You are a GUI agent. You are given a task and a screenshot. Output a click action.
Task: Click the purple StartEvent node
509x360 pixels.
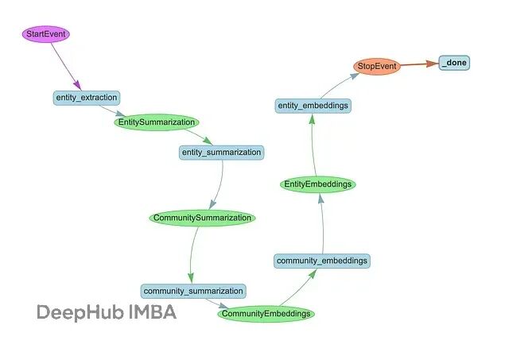click(45, 35)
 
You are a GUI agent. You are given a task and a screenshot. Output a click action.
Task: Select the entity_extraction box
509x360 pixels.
click(87, 97)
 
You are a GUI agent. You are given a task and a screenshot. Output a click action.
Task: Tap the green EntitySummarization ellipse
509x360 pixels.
click(157, 123)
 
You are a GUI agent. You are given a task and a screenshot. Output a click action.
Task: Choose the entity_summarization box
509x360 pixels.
click(221, 152)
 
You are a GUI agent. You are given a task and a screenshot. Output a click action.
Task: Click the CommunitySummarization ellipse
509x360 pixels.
click(203, 218)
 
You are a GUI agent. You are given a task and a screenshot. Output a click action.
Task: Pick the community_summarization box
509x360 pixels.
click(193, 291)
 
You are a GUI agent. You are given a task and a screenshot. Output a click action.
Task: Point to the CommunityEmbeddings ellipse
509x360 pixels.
click(266, 314)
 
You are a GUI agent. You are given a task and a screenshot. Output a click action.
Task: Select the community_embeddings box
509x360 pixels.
click(322, 261)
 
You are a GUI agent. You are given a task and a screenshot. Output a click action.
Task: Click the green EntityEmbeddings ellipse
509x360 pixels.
click(318, 184)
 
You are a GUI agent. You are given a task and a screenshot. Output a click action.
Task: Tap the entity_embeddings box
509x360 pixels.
click(313, 105)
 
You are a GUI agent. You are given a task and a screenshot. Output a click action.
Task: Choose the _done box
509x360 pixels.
click(454, 63)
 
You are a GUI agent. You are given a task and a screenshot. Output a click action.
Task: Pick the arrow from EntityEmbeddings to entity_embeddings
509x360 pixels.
click(311, 145)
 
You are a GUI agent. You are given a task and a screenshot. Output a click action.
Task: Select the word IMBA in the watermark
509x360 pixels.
click(153, 312)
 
